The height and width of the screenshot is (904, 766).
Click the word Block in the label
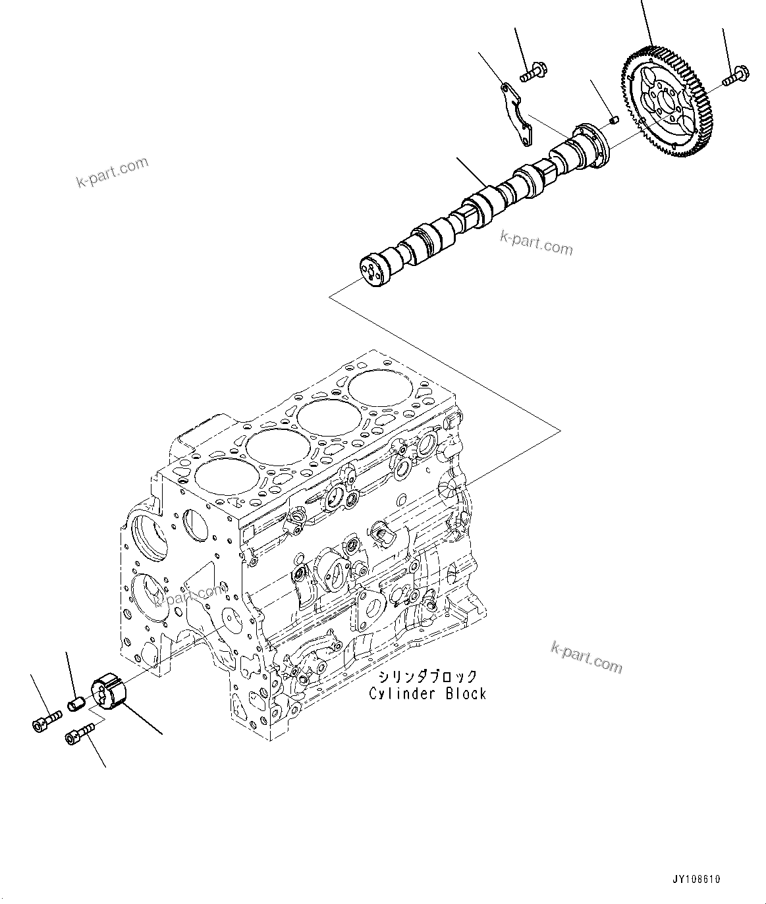point(464,693)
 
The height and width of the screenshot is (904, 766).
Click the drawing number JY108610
point(697,879)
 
